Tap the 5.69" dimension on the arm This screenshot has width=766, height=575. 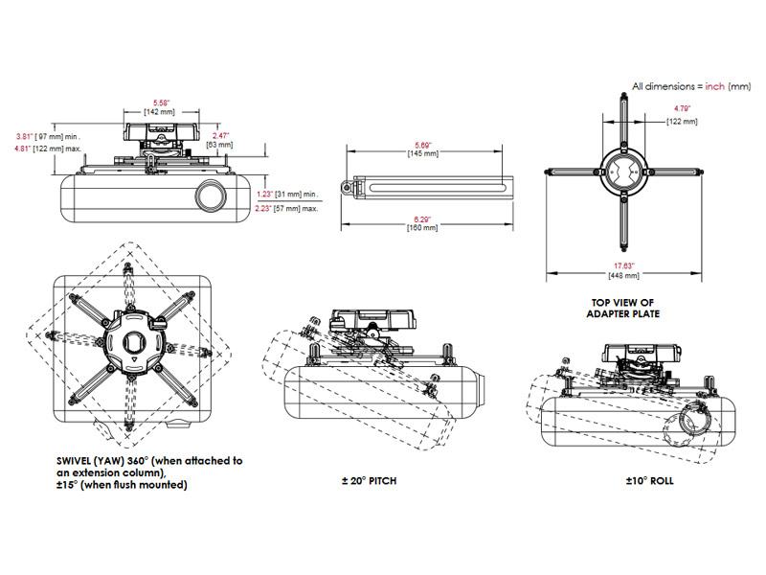point(422,144)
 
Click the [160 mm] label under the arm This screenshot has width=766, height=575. point(422,228)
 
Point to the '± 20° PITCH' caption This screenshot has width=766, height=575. point(369,480)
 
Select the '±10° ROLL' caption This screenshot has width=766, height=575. point(651,480)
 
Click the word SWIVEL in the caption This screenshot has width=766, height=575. point(77,461)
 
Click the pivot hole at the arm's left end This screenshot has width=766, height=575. point(349,186)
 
